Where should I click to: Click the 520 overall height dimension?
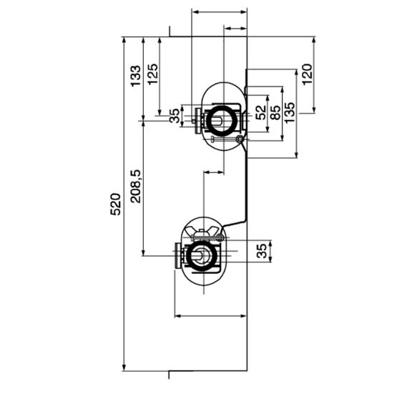[115, 204]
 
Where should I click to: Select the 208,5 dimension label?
[136, 186]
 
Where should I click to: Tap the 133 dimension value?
[136, 76]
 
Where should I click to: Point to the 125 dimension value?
[152, 74]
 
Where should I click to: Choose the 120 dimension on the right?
[307, 74]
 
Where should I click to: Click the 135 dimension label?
[290, 112]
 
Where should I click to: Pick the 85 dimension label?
[275, 112]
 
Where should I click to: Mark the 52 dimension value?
[261, 112]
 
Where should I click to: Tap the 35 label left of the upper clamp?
[175, 116]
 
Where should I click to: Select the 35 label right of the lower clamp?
[262, 251]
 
